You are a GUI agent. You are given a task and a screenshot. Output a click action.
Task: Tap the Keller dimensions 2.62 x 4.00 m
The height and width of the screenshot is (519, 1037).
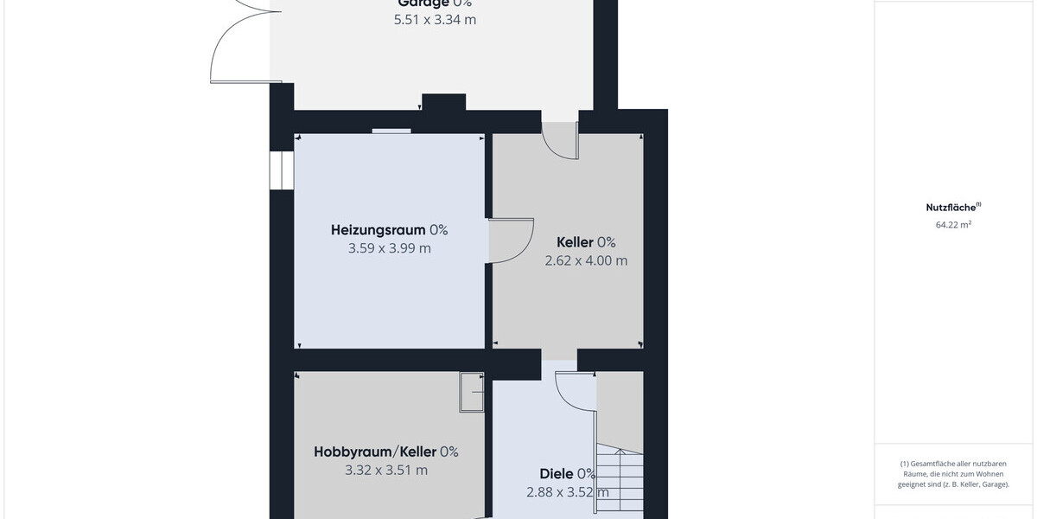coord(586,260)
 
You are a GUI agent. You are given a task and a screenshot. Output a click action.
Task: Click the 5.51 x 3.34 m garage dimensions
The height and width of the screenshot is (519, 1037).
coord(435,19)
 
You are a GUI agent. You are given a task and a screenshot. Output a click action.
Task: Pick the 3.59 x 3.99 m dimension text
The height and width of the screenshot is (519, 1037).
coord(389,249)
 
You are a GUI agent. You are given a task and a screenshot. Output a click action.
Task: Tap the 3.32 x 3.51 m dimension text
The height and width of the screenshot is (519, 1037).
coord(385,471)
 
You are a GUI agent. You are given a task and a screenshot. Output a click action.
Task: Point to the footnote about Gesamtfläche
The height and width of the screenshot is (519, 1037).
coord(954,474)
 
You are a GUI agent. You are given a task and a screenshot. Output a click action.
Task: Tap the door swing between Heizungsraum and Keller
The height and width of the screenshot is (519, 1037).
coord(511,241)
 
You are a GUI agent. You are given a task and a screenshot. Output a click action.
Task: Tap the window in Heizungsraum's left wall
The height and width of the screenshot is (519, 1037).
coord(281,170)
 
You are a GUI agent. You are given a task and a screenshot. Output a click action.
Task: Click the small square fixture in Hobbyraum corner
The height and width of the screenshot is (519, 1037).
coord(472,393)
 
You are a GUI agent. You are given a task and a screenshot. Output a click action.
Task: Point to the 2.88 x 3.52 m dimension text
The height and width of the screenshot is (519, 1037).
coord(568,493)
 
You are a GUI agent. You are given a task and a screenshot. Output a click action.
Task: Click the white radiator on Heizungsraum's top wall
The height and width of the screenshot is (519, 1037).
coord(391,131)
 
